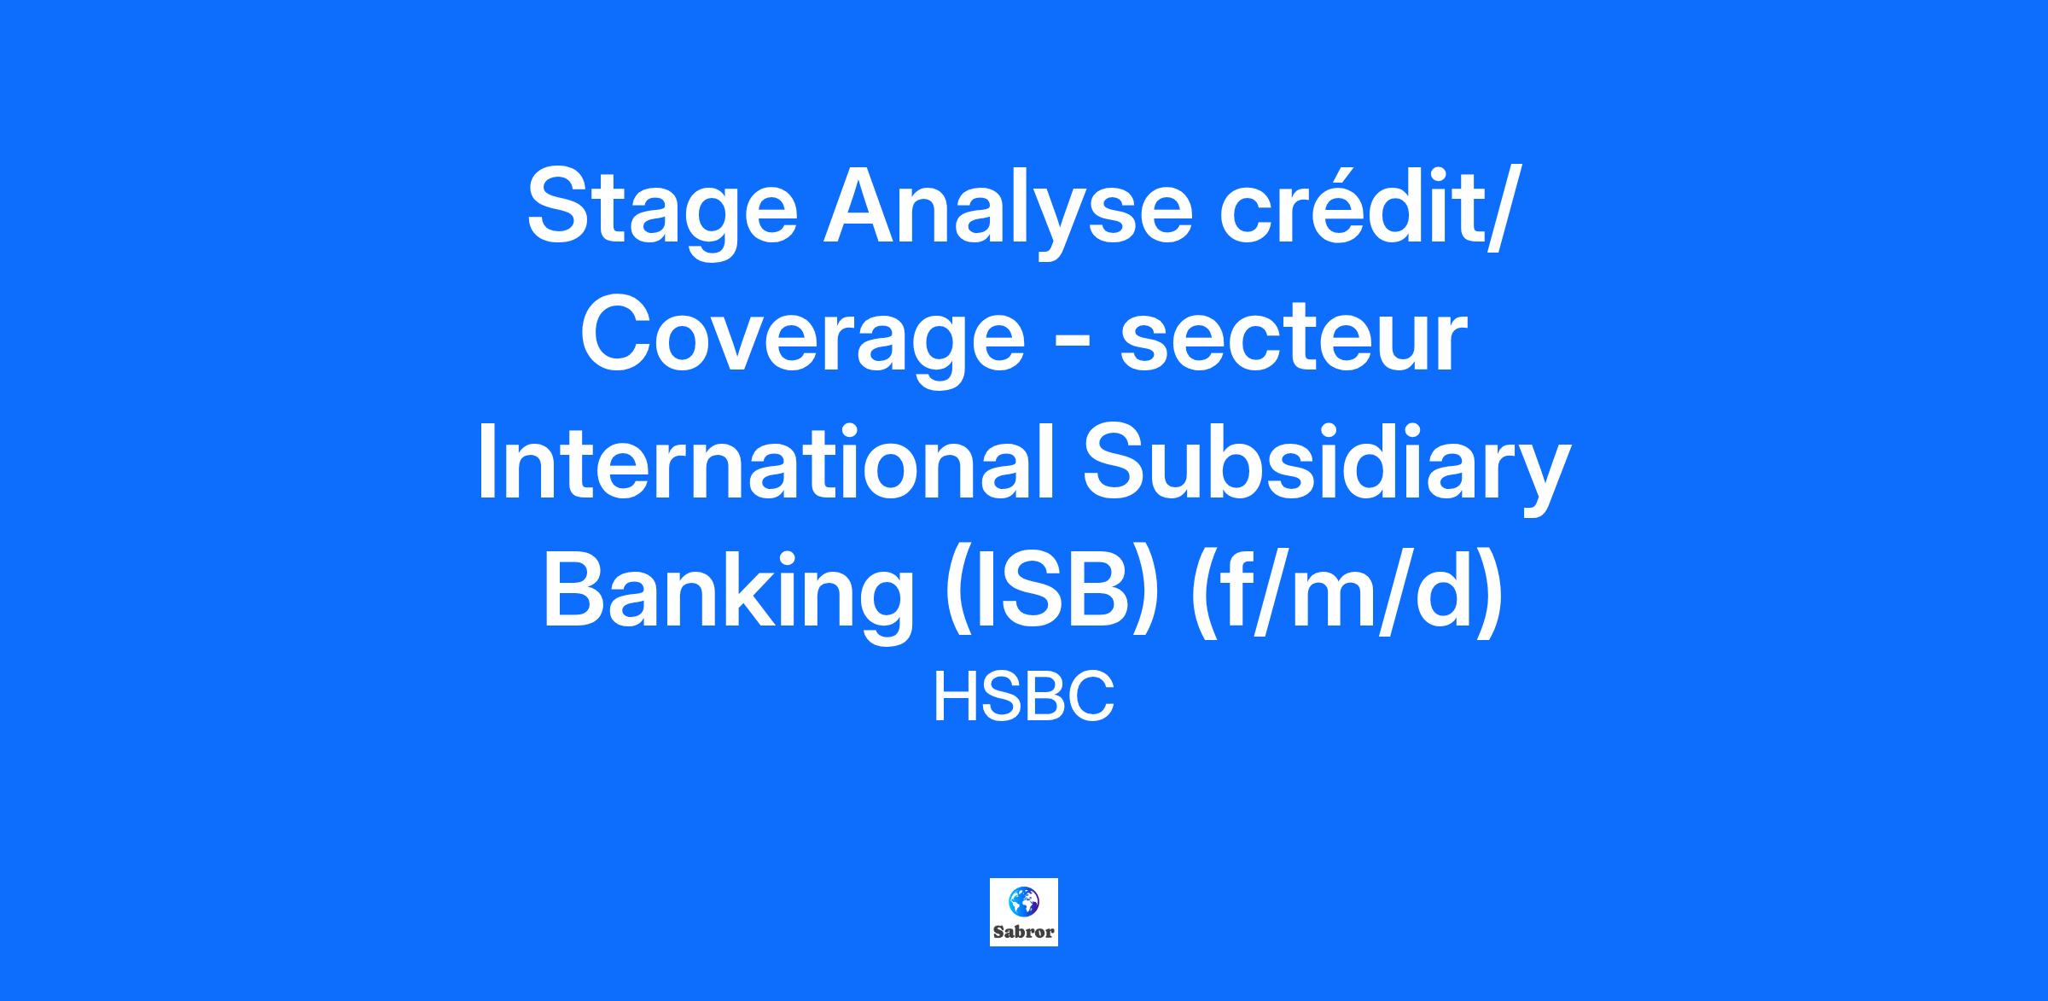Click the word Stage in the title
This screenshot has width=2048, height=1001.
coord(662,210)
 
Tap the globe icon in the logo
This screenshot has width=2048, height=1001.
coord(1023,900)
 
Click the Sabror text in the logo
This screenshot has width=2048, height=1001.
coord(1024,932)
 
